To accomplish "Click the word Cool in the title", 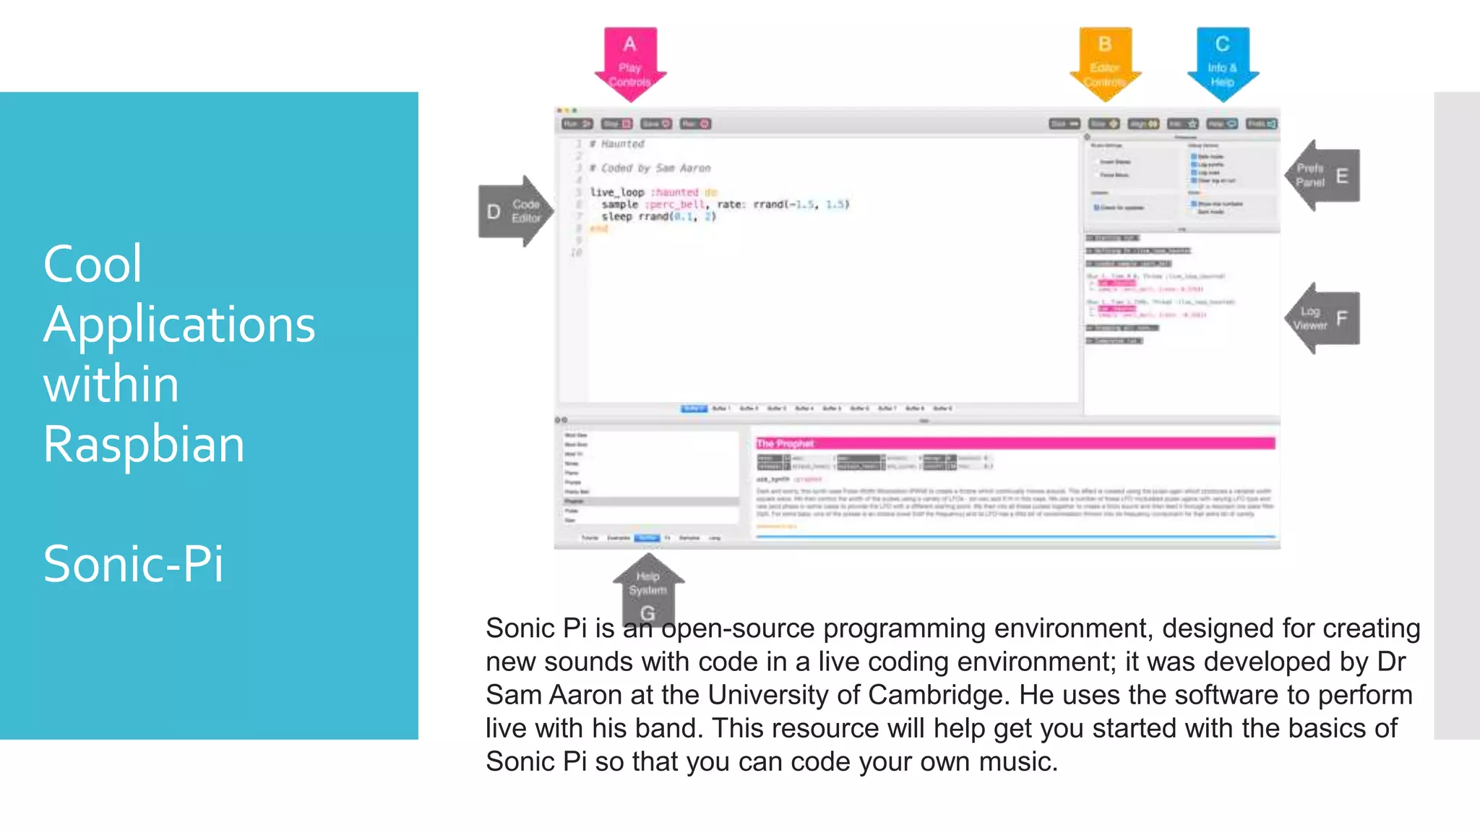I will [92, 264].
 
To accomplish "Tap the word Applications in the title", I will [179, 324].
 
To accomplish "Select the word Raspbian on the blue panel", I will [144, 444].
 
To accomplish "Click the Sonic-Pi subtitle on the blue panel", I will [134, 564].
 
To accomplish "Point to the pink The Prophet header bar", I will [1015, 443].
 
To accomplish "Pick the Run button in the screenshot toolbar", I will [577, 124].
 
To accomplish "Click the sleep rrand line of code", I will [658, 216].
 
